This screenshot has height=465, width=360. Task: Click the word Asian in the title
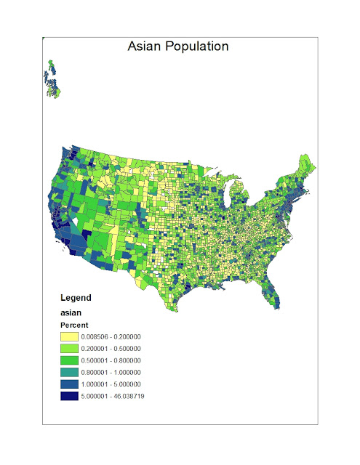(x=144, y=46)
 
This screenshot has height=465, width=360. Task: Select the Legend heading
(x=76, y=298)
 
